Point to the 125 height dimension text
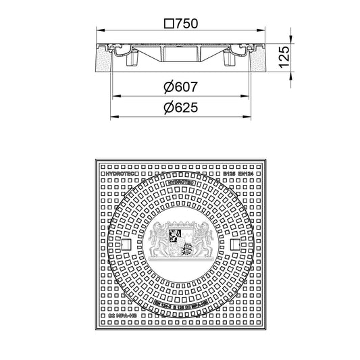[286, 55]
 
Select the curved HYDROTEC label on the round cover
[179, 182]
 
